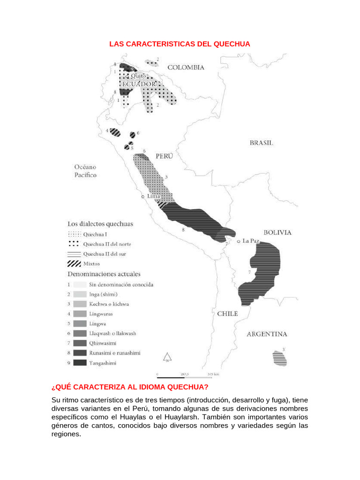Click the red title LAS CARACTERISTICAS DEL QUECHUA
pos(180,44)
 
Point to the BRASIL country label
pos(261,143)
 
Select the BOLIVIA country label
pos(277,232)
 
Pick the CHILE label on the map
pos(227,314)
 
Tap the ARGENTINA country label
pos(267,334)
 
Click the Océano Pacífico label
pos(85,171)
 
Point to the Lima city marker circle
pos(142,197)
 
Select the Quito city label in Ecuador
pos(139,75)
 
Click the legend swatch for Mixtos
pos(74,263)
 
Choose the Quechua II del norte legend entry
pos(107,244)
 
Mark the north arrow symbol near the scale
pos(166,357)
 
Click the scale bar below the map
pos(187,375)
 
